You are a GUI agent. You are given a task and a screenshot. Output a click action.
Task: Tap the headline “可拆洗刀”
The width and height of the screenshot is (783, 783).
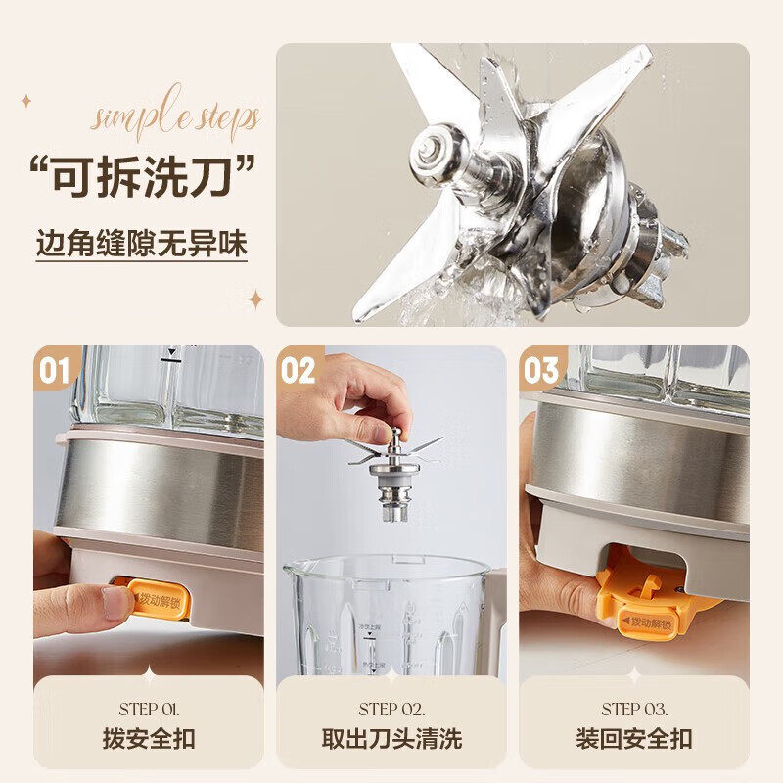point(143,179)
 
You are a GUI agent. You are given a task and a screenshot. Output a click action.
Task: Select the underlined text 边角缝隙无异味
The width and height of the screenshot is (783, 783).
point(142,243)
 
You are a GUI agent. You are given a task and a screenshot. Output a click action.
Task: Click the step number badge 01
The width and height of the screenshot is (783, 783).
point(55,371)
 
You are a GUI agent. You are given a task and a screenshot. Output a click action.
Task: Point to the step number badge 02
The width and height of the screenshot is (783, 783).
point(299,371)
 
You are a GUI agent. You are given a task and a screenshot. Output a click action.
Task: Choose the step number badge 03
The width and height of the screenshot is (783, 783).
point(541,371)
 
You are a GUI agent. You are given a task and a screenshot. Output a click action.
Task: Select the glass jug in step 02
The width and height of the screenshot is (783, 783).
point(387,617)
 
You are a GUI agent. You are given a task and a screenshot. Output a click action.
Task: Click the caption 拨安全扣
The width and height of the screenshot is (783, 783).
point(148,738)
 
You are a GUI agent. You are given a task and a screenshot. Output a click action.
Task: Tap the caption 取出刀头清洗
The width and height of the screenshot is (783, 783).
point(391,738)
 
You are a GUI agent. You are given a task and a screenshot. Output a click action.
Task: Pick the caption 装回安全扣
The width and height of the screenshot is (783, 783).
point(634,738)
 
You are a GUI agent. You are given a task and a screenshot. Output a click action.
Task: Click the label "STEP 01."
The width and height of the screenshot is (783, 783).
point(148,709)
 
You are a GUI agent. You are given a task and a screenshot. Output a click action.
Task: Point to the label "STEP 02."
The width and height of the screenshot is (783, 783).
point(391,709)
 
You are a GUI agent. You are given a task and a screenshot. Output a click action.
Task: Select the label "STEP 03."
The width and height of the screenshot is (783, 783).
point(634,709)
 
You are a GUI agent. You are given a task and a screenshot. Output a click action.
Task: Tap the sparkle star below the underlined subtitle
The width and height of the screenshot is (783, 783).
point(256,299)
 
